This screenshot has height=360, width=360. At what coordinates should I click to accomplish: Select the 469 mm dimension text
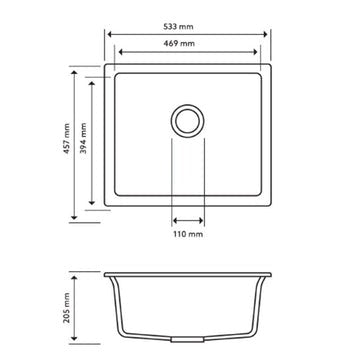(x=187, y=45)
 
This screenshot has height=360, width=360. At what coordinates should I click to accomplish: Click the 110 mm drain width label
(x=187, y=234)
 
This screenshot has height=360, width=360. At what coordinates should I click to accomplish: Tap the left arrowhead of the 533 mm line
(x=107, y=32)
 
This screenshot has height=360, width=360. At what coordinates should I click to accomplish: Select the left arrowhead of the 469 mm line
(x=119, y=55)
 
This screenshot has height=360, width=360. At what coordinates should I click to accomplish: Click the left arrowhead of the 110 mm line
(x=173, y=220)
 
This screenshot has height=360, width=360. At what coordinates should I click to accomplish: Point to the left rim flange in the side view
(x=109, y=275)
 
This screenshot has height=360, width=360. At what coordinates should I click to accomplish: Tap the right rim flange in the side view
(x=266, y=275)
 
